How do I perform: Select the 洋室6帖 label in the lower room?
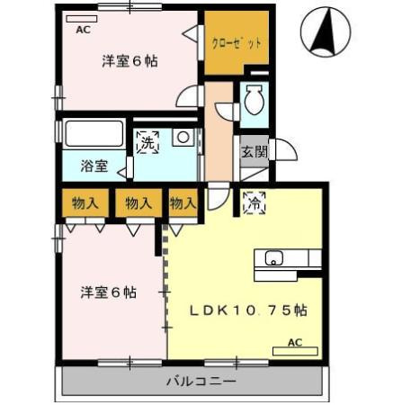point(108,292)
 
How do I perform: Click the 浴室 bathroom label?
point(94,166)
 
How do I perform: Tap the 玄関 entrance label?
point(253,151)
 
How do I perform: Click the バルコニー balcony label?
point(201,382)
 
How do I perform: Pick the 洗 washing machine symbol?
point(147,140)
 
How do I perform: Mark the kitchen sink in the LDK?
point(273,260)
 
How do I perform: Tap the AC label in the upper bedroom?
point(83,30)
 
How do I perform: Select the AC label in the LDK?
point(294,343)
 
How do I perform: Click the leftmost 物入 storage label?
point(85,203)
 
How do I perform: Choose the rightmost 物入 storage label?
point(183,203)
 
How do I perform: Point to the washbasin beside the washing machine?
point(183,138)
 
